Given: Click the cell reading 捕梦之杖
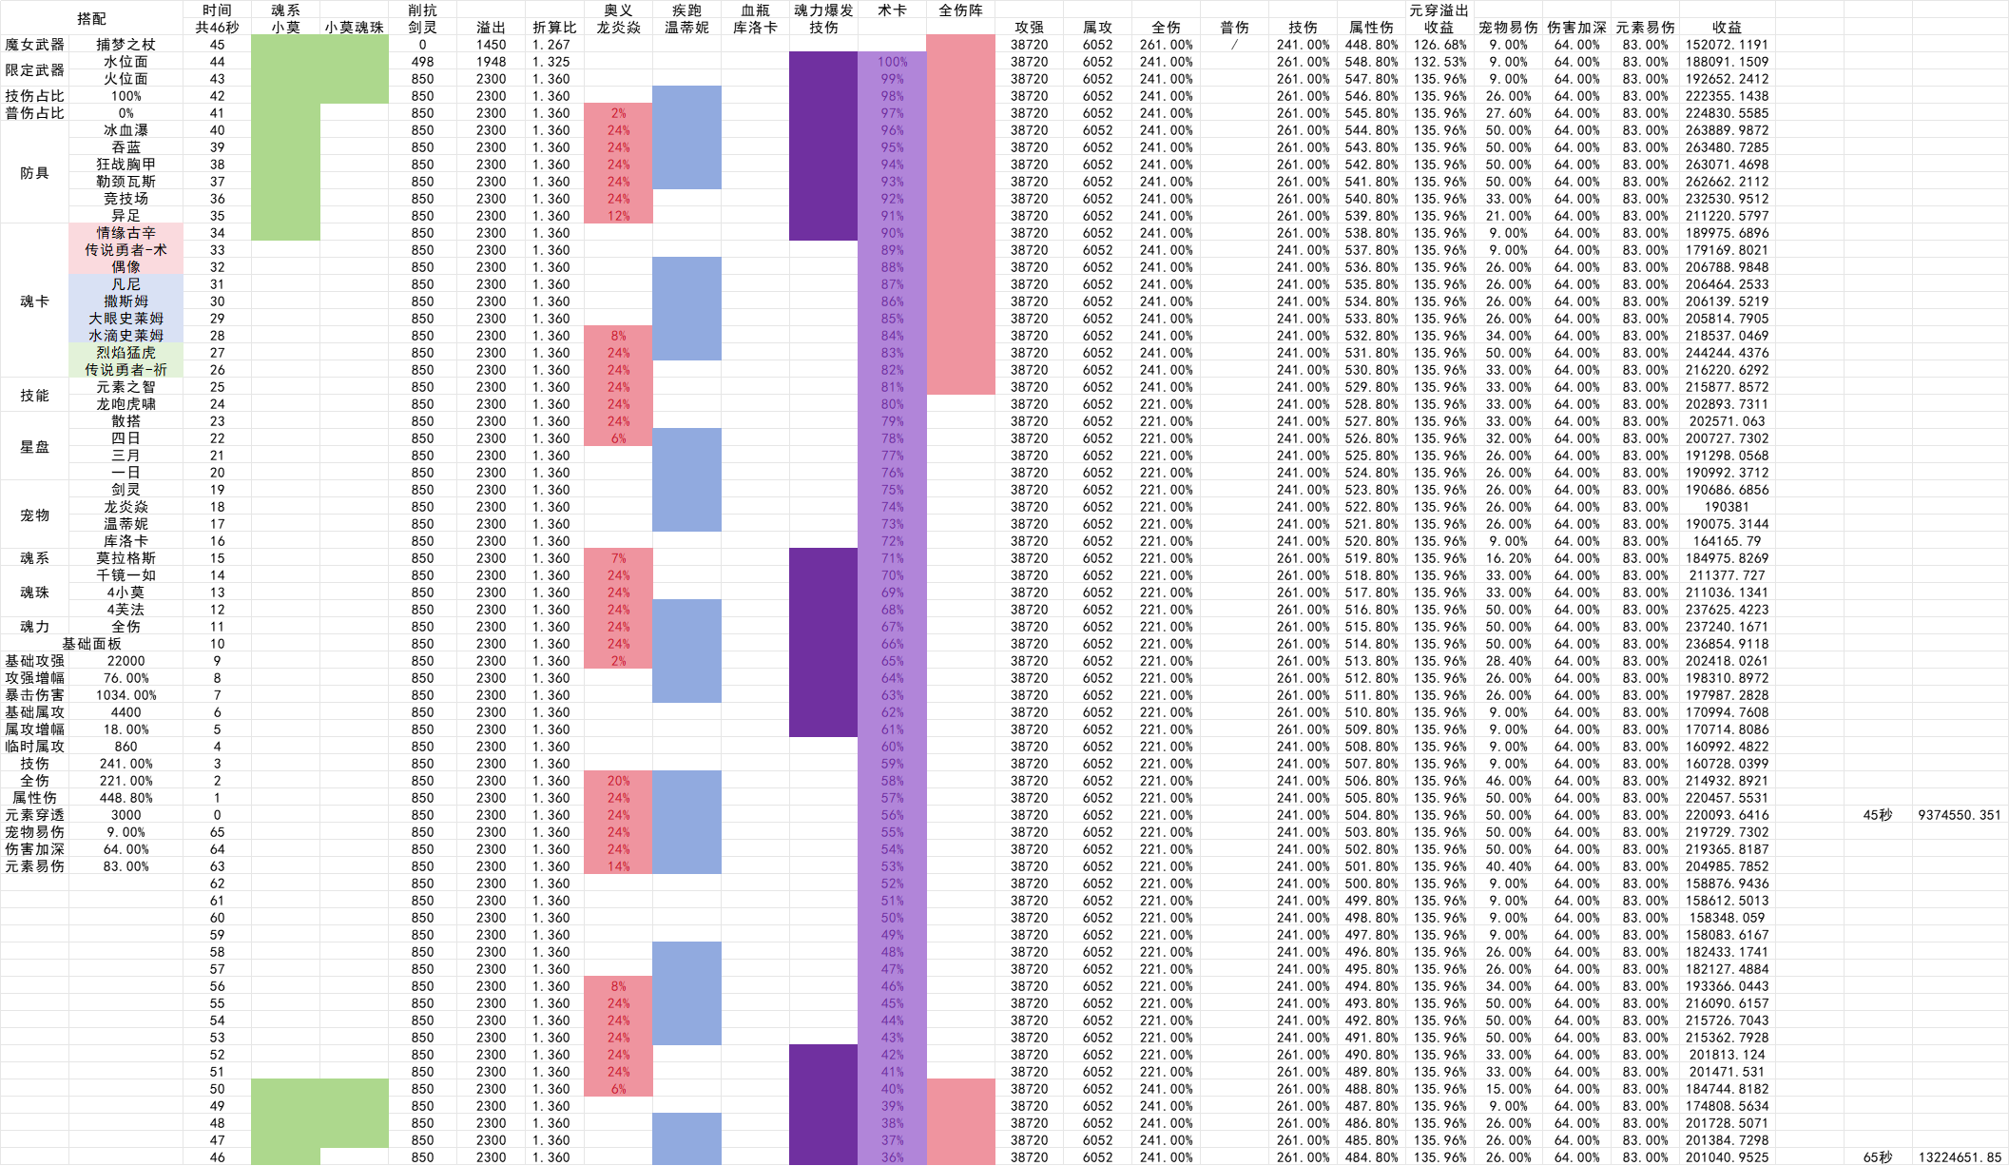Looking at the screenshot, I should (126, 45).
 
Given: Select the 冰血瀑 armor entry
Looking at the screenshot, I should (126, 130).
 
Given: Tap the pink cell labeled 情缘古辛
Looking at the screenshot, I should (126, 233).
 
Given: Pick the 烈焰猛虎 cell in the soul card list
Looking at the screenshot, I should (126, 353).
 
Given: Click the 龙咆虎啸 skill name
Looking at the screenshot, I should (126, 404).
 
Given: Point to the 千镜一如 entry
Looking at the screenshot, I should (126, 575).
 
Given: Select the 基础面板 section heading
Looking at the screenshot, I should (91, 644).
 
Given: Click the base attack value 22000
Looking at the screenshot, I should (126, 661).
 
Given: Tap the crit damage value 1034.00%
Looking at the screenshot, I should (126, 695).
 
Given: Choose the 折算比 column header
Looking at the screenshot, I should (554, 28).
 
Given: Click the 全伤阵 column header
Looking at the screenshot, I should (960, 10).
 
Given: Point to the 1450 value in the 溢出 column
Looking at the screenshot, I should (491, 45).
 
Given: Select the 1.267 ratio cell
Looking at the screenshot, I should (551, 45).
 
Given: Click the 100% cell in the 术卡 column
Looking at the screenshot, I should (892, 62).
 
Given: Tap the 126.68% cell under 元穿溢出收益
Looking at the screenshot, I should (1439, 45).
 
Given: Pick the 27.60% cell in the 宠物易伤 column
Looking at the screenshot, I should (1508, 113).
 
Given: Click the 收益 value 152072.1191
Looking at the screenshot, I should (1727, 45).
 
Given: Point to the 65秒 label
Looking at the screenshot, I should (1878, 1157).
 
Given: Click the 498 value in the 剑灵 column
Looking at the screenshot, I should (422, 62).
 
